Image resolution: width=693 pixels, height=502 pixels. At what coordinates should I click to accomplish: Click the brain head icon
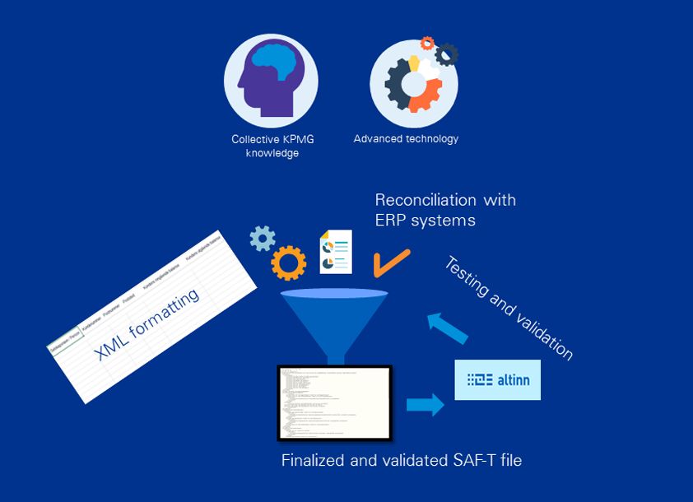pos(271,81)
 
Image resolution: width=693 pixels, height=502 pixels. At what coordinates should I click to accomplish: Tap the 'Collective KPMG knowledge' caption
pos(272,146)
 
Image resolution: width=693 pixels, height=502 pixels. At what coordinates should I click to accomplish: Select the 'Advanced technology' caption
pos(406,138)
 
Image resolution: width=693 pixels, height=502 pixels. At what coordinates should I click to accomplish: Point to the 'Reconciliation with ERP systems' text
pos(445,210)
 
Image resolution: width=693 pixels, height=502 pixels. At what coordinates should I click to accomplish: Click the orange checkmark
pos(391,263)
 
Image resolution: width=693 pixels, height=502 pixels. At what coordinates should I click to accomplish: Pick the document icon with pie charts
pos(336,252)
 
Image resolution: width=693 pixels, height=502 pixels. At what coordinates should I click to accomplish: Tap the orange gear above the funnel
pos(289,263)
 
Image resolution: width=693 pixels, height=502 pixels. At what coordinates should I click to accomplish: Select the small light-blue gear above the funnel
pos(263,239)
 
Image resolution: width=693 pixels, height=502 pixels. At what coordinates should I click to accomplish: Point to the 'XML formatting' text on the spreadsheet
pos(148,323)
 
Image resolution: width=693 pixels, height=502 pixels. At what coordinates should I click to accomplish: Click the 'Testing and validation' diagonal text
pos(509,308)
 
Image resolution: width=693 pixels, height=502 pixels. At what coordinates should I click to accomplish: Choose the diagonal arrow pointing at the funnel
pos(448,328)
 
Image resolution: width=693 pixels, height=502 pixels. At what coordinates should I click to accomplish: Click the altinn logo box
pos(498,379)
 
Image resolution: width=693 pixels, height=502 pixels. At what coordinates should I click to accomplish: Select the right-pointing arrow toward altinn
pos(425,404)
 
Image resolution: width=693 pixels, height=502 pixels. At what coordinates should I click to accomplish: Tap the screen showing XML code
pos(333,401)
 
